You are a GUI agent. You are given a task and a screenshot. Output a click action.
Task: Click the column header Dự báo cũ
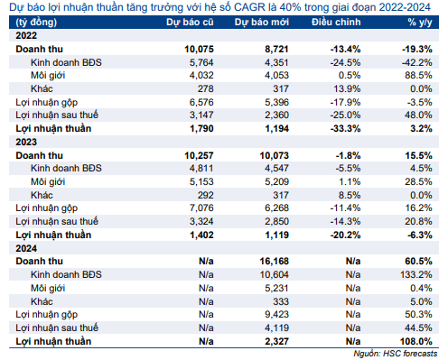190,23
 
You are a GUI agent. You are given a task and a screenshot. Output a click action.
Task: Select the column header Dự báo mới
262,23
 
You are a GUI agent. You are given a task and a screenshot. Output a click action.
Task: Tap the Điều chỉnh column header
336,23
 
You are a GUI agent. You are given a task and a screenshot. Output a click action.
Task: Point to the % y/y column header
420,23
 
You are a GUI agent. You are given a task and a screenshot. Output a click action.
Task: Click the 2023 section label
26,142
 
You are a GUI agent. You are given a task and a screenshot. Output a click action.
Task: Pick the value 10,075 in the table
199,49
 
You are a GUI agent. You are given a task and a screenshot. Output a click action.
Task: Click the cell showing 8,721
276,49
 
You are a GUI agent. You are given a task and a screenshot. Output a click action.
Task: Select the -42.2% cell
417,62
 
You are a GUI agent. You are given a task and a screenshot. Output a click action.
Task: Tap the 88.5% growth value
418,75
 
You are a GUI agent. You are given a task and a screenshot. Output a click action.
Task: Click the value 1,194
276,128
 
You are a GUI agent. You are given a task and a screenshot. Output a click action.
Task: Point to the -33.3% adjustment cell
345,128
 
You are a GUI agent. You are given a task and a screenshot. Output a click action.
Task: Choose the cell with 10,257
199,155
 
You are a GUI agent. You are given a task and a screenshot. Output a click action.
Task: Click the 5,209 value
276,181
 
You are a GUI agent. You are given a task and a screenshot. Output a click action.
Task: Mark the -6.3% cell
420,235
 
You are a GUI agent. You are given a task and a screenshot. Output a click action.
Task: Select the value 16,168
275,261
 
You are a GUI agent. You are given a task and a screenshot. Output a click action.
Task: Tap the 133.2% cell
416,274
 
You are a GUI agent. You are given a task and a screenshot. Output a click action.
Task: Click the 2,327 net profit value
276,341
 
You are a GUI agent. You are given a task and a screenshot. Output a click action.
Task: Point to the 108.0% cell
416,341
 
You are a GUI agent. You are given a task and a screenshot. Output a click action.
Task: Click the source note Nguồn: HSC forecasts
396,354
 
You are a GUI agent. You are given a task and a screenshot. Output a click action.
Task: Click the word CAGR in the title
249,7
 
